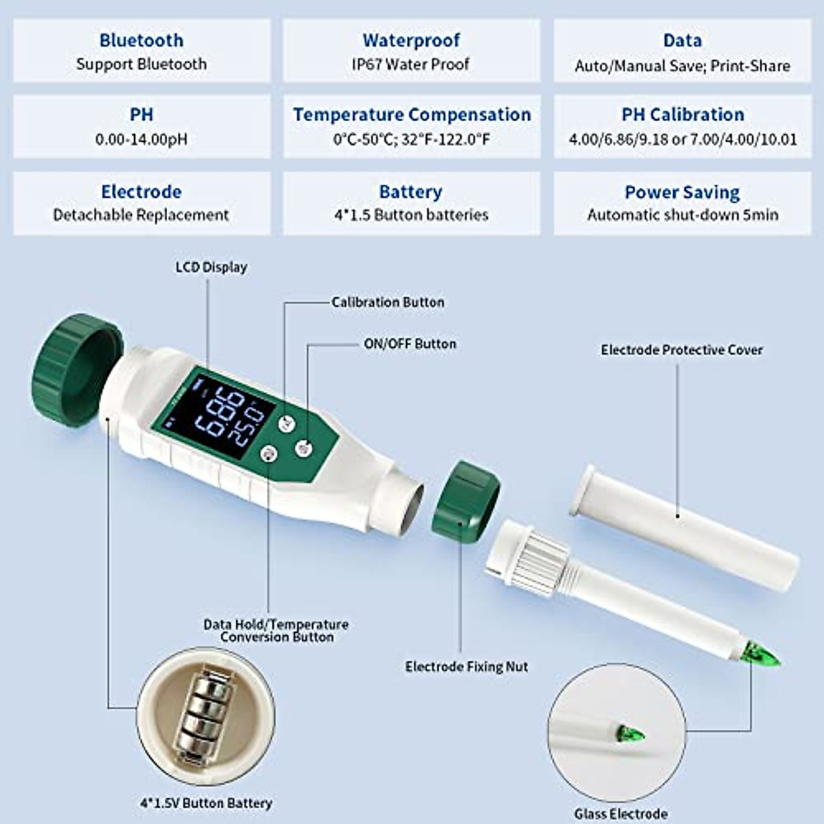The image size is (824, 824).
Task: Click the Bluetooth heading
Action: coord(141,41)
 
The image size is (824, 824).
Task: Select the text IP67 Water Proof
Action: coord(411,65)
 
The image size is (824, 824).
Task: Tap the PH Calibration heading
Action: coord(683,115)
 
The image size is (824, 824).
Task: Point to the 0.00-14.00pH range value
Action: coord(141,139)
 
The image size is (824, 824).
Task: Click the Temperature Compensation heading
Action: coord(412,115)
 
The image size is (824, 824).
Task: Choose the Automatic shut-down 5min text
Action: coord(683,215)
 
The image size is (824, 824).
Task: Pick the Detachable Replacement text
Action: coord(141,215)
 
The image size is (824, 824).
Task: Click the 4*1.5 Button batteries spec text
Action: coord(411,215)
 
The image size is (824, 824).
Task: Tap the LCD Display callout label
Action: coord(211,267)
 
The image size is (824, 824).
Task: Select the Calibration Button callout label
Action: coord(388,302)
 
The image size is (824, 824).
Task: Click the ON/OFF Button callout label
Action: coord(410,344)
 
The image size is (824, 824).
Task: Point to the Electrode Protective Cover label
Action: coord(682,350)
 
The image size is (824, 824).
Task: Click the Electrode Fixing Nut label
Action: coord(466,667)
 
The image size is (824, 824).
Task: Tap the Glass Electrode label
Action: coord(621,814)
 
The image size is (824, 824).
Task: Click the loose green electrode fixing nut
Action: coord(465,499)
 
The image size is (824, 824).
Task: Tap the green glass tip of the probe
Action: coord(762,655)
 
